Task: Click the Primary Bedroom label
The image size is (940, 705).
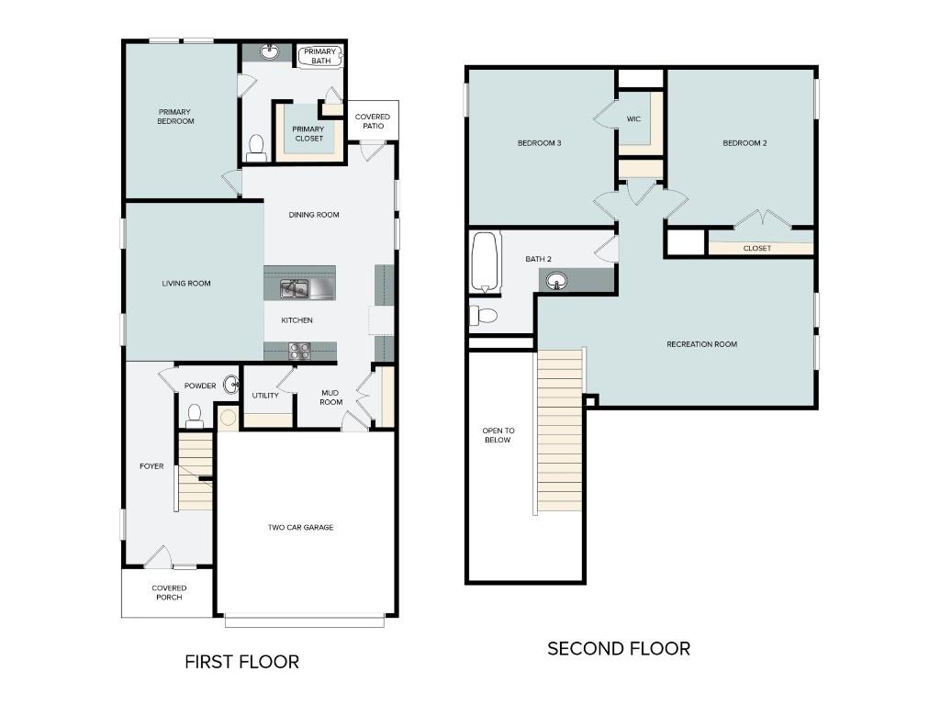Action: pyautogui.click(x=175, y=117)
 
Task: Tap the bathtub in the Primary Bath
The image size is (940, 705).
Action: pyautogui.click(x=320, y=56)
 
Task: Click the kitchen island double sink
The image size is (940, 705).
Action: pyautogui.click(x=294, y=289)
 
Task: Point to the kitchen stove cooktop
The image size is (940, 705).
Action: pyautogui.click(x=299, y=350)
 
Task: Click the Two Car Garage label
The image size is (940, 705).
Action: pyautogui.click(x=300, y=528)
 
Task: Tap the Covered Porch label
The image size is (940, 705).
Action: pyautogui.click(x=169, y=593)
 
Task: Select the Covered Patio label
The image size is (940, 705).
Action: pyautogui.click(x=372, y=121)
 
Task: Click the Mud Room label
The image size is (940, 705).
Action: pyautogui.click(x=330, y=397)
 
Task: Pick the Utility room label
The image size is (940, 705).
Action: pyautogui.click(x=265, y=396)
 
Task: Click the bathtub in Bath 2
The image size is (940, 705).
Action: pyautogui.click(x=484, y=261)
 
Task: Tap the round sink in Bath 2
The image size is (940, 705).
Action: pyautogui.click(x=557, y=281)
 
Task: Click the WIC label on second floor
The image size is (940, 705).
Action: pyautogui.click(x=633, y=119)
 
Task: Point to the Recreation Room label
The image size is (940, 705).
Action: pyautogui.click(x=701, y=344)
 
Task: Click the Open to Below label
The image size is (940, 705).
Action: pyautogui.click(x=498, y=435)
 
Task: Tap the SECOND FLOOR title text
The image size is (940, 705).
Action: pyautogui.click(x=618, y=649)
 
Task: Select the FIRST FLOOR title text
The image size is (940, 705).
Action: pyautogui.click(x=241, y=662)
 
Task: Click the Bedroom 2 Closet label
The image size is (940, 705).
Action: pyautogui.click(x=756, y=248)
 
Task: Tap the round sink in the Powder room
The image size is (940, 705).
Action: pyautogui.click(x=231, y=385)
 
